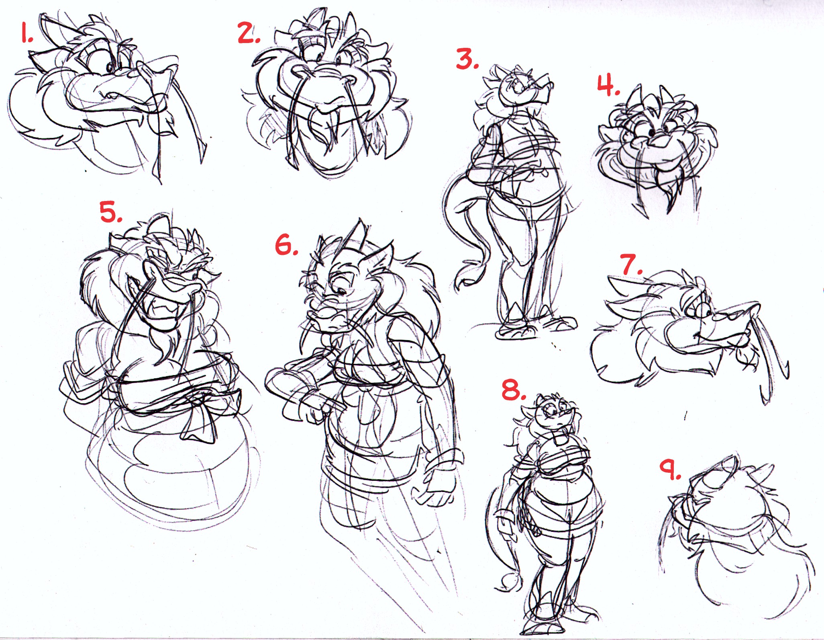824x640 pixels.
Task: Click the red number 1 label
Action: click(27, 35)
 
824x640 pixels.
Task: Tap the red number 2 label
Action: click(249, 33)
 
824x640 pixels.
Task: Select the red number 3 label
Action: click(467, 59)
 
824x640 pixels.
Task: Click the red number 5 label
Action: click(111, 212)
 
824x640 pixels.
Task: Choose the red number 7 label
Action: click(631, 264)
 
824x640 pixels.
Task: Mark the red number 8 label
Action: click(514, 390)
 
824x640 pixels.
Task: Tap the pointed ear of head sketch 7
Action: click(620, 287)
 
